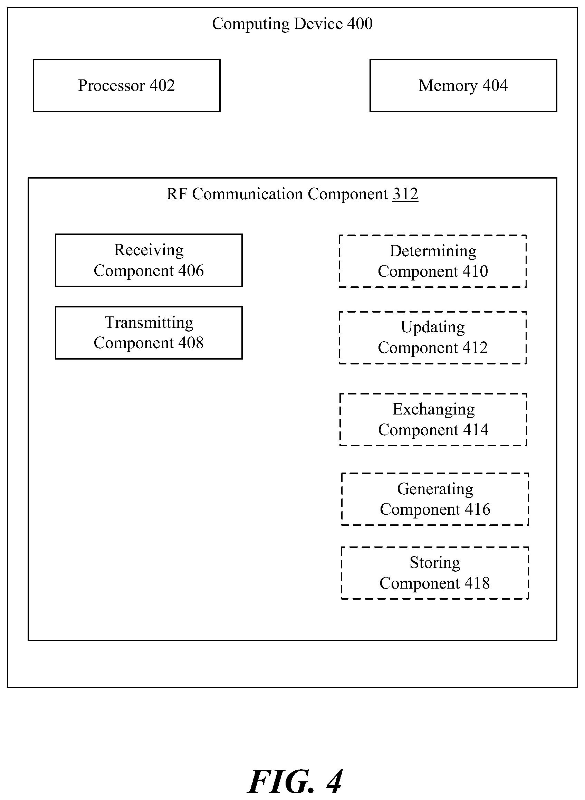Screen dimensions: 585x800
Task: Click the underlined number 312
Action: click(x=405, y=194)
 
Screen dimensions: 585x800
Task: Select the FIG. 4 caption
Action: click(x=295, y=782)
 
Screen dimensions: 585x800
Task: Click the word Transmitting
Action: click(x=149, y=323)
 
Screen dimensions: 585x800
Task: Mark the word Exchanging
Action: click(x=433, y=410)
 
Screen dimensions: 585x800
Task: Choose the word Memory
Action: click(x=448, y=86)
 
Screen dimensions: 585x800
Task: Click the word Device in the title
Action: click(x=318, y=24)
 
